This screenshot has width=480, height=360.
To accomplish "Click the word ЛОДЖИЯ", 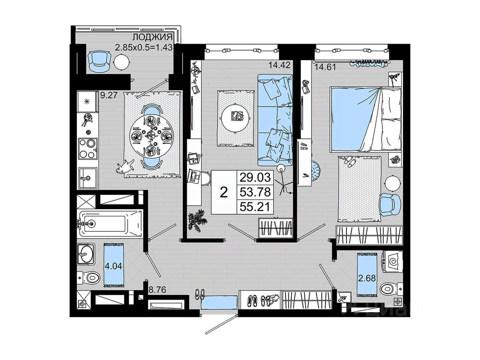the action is click(x=152, y=37).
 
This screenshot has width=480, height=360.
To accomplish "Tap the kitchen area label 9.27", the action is click(x=109, y=95).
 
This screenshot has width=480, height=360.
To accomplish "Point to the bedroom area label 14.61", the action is click(x=325, y=67).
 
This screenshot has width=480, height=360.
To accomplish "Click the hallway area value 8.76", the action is click(x=157, y=290).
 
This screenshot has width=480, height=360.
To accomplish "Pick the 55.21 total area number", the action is click(x=255, y=206).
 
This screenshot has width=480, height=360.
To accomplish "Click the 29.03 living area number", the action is click(x=255, y=177).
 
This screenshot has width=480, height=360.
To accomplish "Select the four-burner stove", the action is click(x=88, y=149).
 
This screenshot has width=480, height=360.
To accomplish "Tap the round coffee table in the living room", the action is click(x=235, y=118).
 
